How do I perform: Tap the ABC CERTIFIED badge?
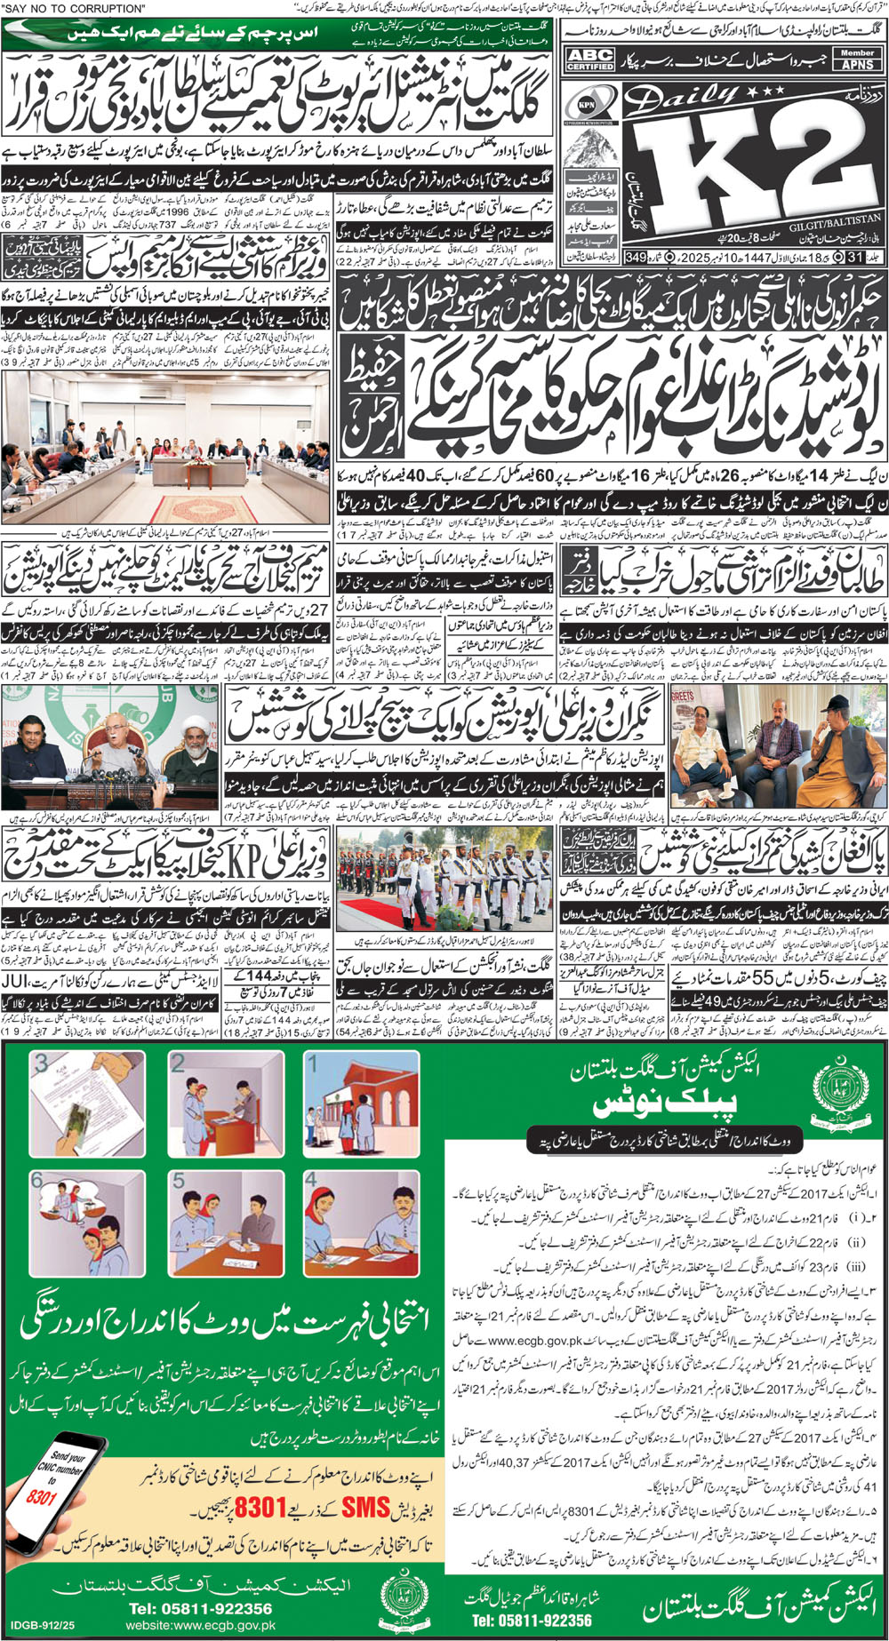[590, 60]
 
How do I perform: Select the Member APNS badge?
[857, 59]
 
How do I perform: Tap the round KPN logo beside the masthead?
[585, 101]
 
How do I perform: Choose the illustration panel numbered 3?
[88, 1103]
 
